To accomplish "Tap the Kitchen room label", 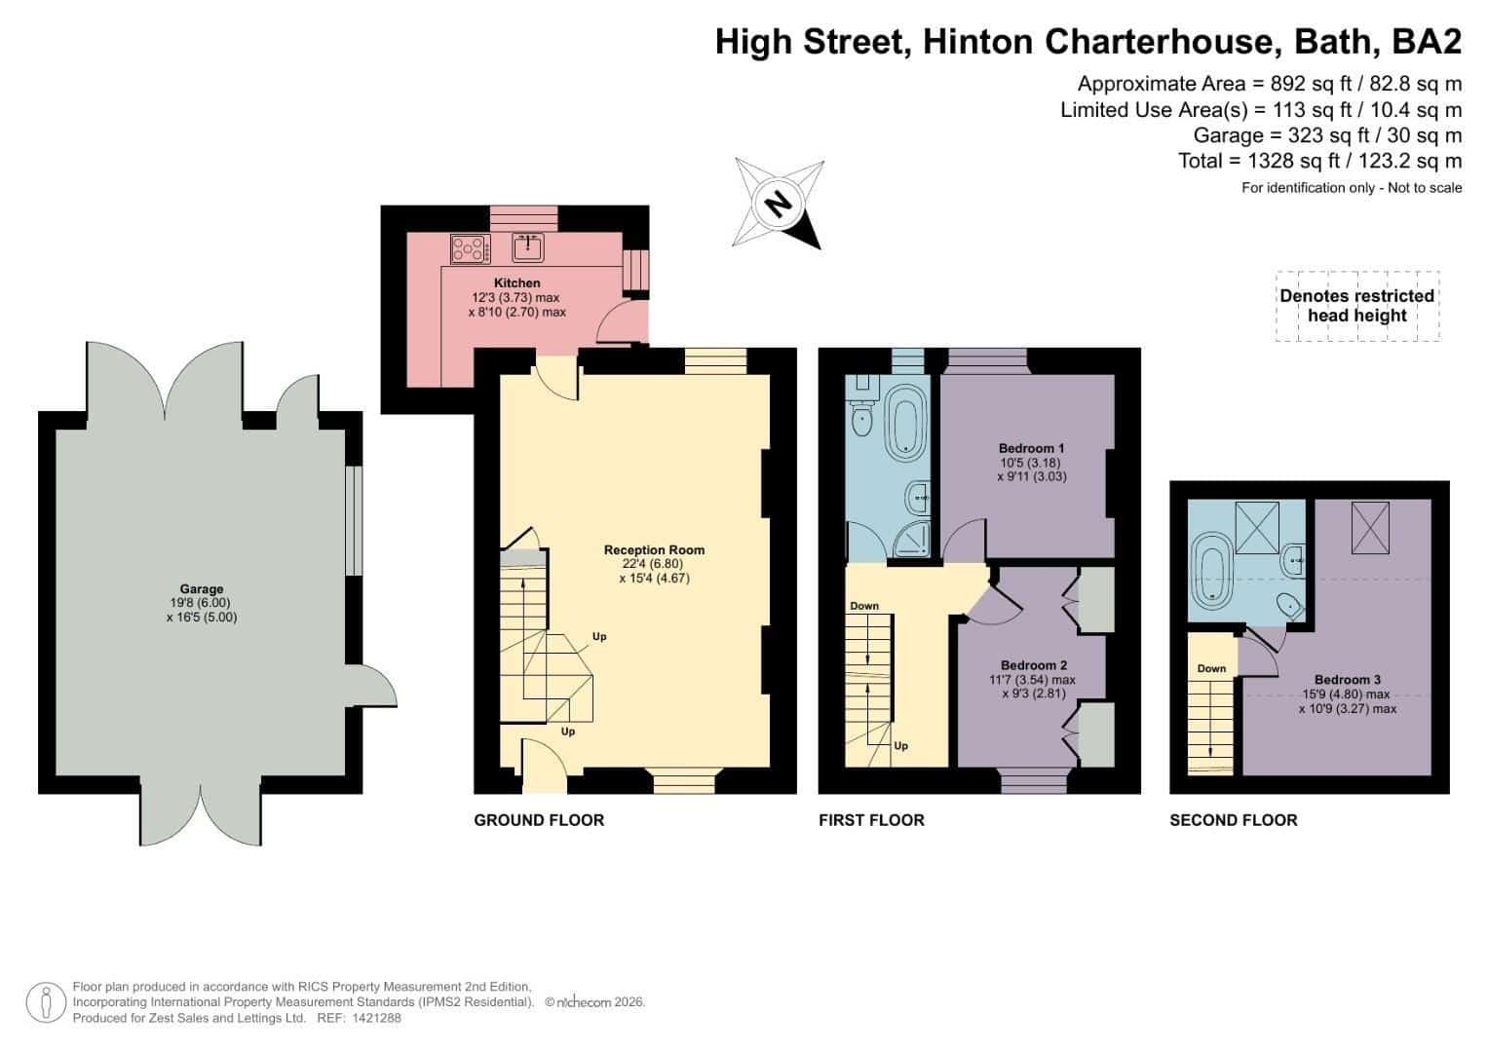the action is pos(516,282).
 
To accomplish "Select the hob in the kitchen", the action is pos(471,249).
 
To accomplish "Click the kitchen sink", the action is pos(528,247).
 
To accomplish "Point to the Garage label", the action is pos(202,588).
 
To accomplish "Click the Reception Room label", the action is pos(654,550).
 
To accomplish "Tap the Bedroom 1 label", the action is pos(1032,448).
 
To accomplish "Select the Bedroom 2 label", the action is pos(1034,665).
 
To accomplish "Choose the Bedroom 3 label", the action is pos(1348,680).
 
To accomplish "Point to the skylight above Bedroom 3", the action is pos(1370,527).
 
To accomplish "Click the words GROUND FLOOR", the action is pos(540,820).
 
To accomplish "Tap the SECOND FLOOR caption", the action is pos(1234,820).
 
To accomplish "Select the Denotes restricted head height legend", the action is pos(1357,306).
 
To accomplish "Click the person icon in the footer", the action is pos(46,1002).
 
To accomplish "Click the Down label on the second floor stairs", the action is pos(1211,669).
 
